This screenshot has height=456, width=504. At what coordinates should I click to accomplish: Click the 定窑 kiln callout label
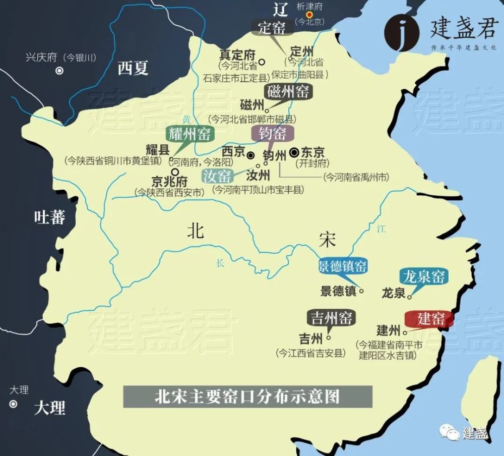point(272,28)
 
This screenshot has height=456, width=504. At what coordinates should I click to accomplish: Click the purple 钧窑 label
point(272,133)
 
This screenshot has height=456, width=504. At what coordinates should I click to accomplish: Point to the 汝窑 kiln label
point(218,176)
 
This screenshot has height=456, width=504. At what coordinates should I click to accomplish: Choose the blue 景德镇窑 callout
point(342,266)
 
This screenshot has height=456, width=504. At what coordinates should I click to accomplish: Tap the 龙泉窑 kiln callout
point(424,276)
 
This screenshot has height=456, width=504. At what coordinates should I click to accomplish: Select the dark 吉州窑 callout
point(331,318)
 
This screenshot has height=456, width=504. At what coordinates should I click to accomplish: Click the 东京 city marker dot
point(295,151)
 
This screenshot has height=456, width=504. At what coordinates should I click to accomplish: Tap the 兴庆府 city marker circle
point(59,71)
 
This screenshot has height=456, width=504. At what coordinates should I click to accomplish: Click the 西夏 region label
point(133,68)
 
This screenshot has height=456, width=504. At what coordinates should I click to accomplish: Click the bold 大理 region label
point(50,408)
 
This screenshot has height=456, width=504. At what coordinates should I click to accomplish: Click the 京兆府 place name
point(169,182)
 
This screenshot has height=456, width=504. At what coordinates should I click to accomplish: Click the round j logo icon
point(401,33)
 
